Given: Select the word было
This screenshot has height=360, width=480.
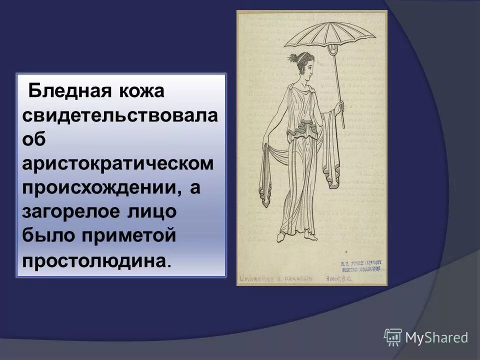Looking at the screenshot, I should tap(46, 235).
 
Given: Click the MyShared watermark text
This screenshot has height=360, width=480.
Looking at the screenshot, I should tap(436, 337).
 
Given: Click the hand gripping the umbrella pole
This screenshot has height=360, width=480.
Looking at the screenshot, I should tap(340, 107).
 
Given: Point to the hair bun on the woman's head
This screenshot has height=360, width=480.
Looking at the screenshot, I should tap(292, 59).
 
